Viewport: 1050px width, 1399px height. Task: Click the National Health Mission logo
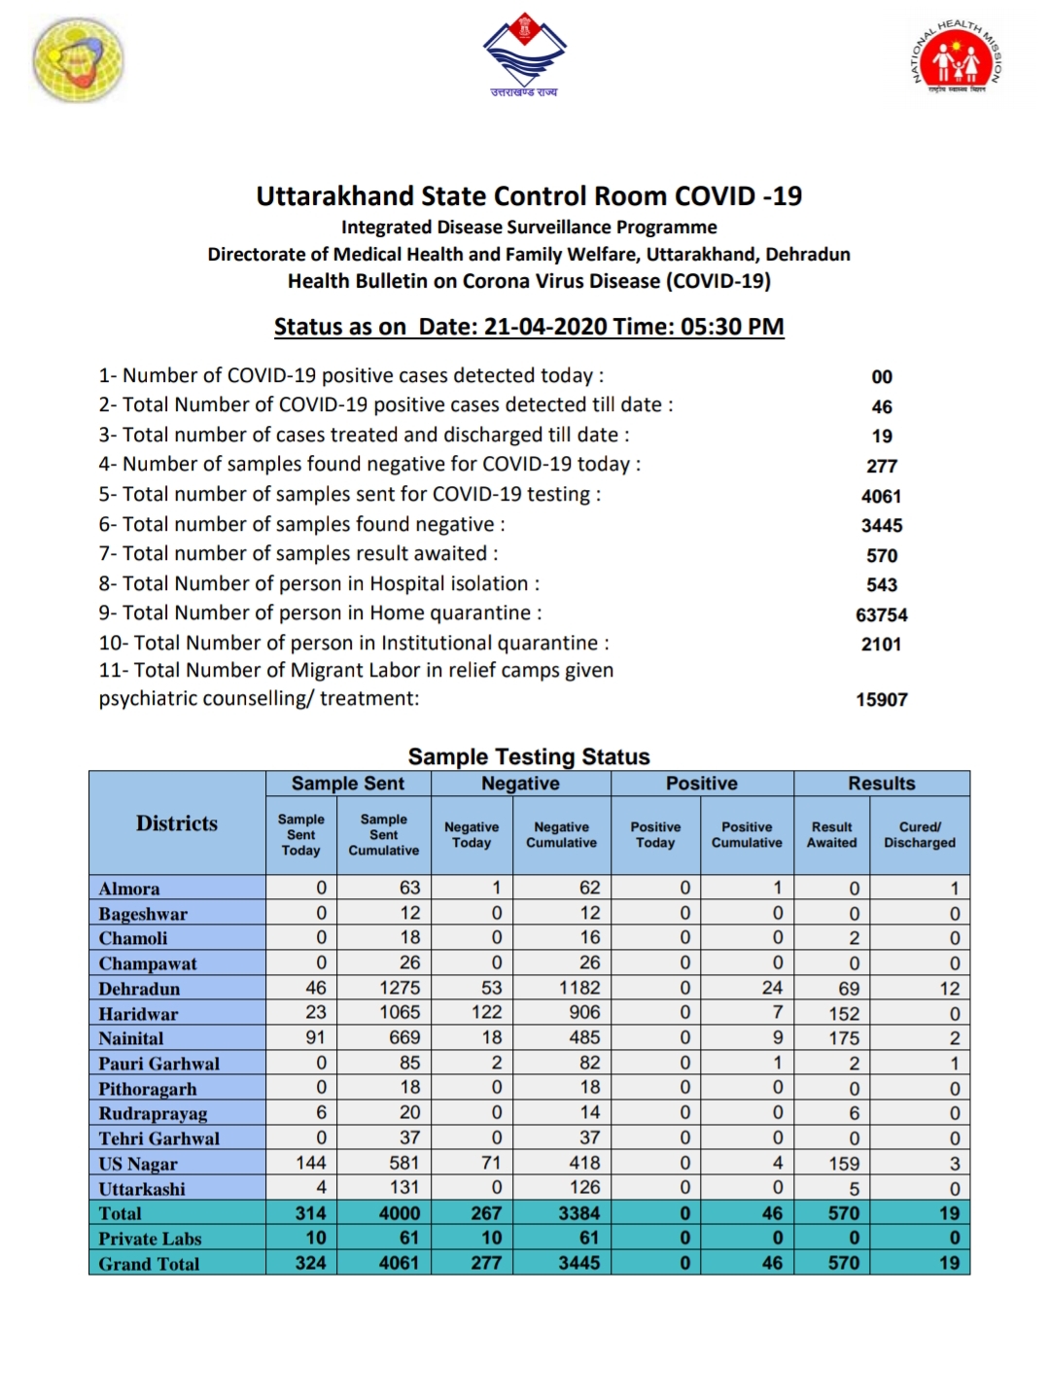[x=957, y=57]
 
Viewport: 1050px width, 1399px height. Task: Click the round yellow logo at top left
[x=79, y=59]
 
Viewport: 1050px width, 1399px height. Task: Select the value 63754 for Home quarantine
[x=881, y=614]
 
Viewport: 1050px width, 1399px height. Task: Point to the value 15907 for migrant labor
[x=881, y=699]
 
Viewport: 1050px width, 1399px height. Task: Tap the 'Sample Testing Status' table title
[x=529, y=756]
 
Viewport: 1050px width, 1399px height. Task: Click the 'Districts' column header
[x=177, y=823]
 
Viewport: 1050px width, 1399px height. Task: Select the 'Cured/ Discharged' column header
[x=919, y=834]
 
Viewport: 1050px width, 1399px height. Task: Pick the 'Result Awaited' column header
[x=831, y=834]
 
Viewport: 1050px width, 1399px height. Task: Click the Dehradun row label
[x=139, y=989]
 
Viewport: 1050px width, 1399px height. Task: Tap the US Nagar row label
[x=138, y=1164]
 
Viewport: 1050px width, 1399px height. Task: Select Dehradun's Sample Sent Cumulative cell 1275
[x=400, y=988]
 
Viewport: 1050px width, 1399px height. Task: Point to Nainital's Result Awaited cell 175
[x=843, y=1038]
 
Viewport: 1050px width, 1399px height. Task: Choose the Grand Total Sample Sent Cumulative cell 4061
[x=399, y=1263]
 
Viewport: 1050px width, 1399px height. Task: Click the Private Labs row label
[x=150, y=1239]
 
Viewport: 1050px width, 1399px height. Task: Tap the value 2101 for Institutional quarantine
[x=881, y=644]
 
